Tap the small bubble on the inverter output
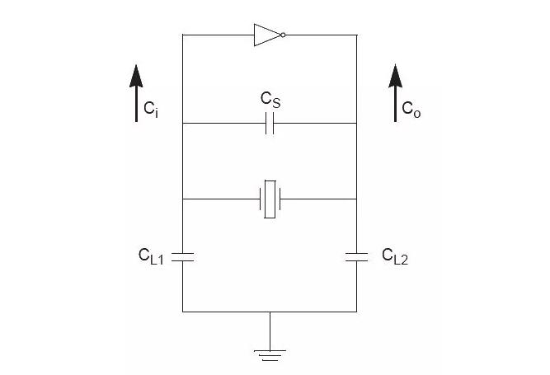coord(283,35)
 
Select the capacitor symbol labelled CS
coord(270,124)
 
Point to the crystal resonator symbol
coord(270,199)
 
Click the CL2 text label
coord(394,256)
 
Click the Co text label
coord(411,108)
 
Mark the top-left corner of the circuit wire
coord(182,35)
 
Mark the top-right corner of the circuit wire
coord(356,35)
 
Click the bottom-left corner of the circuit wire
coord(182,312)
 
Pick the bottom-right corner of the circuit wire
coord(356,312)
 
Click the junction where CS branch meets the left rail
coord(182,124)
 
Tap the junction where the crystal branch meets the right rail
coord(356,199)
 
